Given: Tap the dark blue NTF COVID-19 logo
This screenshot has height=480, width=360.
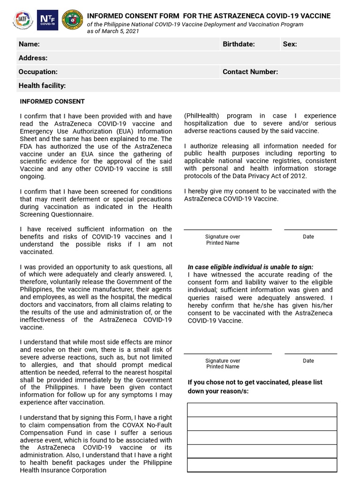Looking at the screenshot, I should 47,20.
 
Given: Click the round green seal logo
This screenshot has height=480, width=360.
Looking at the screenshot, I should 72,20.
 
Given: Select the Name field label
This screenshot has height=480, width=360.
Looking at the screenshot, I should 29,44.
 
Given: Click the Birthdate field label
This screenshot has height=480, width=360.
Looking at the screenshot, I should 239,44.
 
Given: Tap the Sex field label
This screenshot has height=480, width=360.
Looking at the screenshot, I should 290,44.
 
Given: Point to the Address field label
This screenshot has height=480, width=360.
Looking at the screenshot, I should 33,58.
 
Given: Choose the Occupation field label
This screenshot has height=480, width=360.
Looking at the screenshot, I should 38,72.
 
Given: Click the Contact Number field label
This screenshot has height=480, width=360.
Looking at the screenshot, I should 250,72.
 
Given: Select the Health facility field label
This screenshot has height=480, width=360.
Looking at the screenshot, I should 42,86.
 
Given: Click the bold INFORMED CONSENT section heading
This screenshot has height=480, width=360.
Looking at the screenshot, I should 52,101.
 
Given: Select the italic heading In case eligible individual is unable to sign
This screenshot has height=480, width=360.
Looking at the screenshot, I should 250,267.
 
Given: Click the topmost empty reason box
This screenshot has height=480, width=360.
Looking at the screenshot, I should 262,410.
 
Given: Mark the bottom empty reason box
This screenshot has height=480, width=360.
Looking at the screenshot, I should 262,465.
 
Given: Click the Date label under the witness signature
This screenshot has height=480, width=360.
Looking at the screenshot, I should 308,360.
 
